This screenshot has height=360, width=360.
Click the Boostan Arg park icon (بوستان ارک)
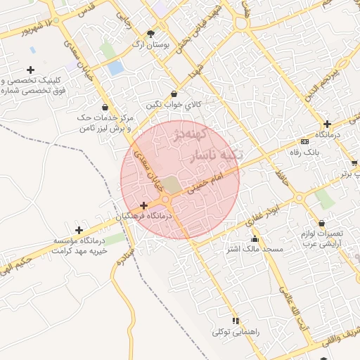[x=150, y=34]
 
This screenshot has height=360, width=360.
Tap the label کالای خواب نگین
[x=174, y=105]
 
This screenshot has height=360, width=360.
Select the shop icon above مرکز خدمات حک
[x=105, y=107]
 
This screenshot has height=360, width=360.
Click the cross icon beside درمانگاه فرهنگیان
[x=144, y=206]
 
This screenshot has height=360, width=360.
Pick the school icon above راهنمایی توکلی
[x=236, y=320]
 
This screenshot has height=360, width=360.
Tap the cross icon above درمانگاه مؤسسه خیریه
[x=79, y=230]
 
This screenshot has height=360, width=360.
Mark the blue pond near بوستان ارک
[x=115, y=68]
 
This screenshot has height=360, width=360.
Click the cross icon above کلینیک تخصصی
[x=30, y=70]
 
